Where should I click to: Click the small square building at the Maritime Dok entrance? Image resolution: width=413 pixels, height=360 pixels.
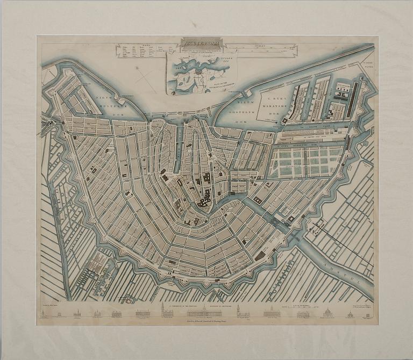[x=279, y=122]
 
